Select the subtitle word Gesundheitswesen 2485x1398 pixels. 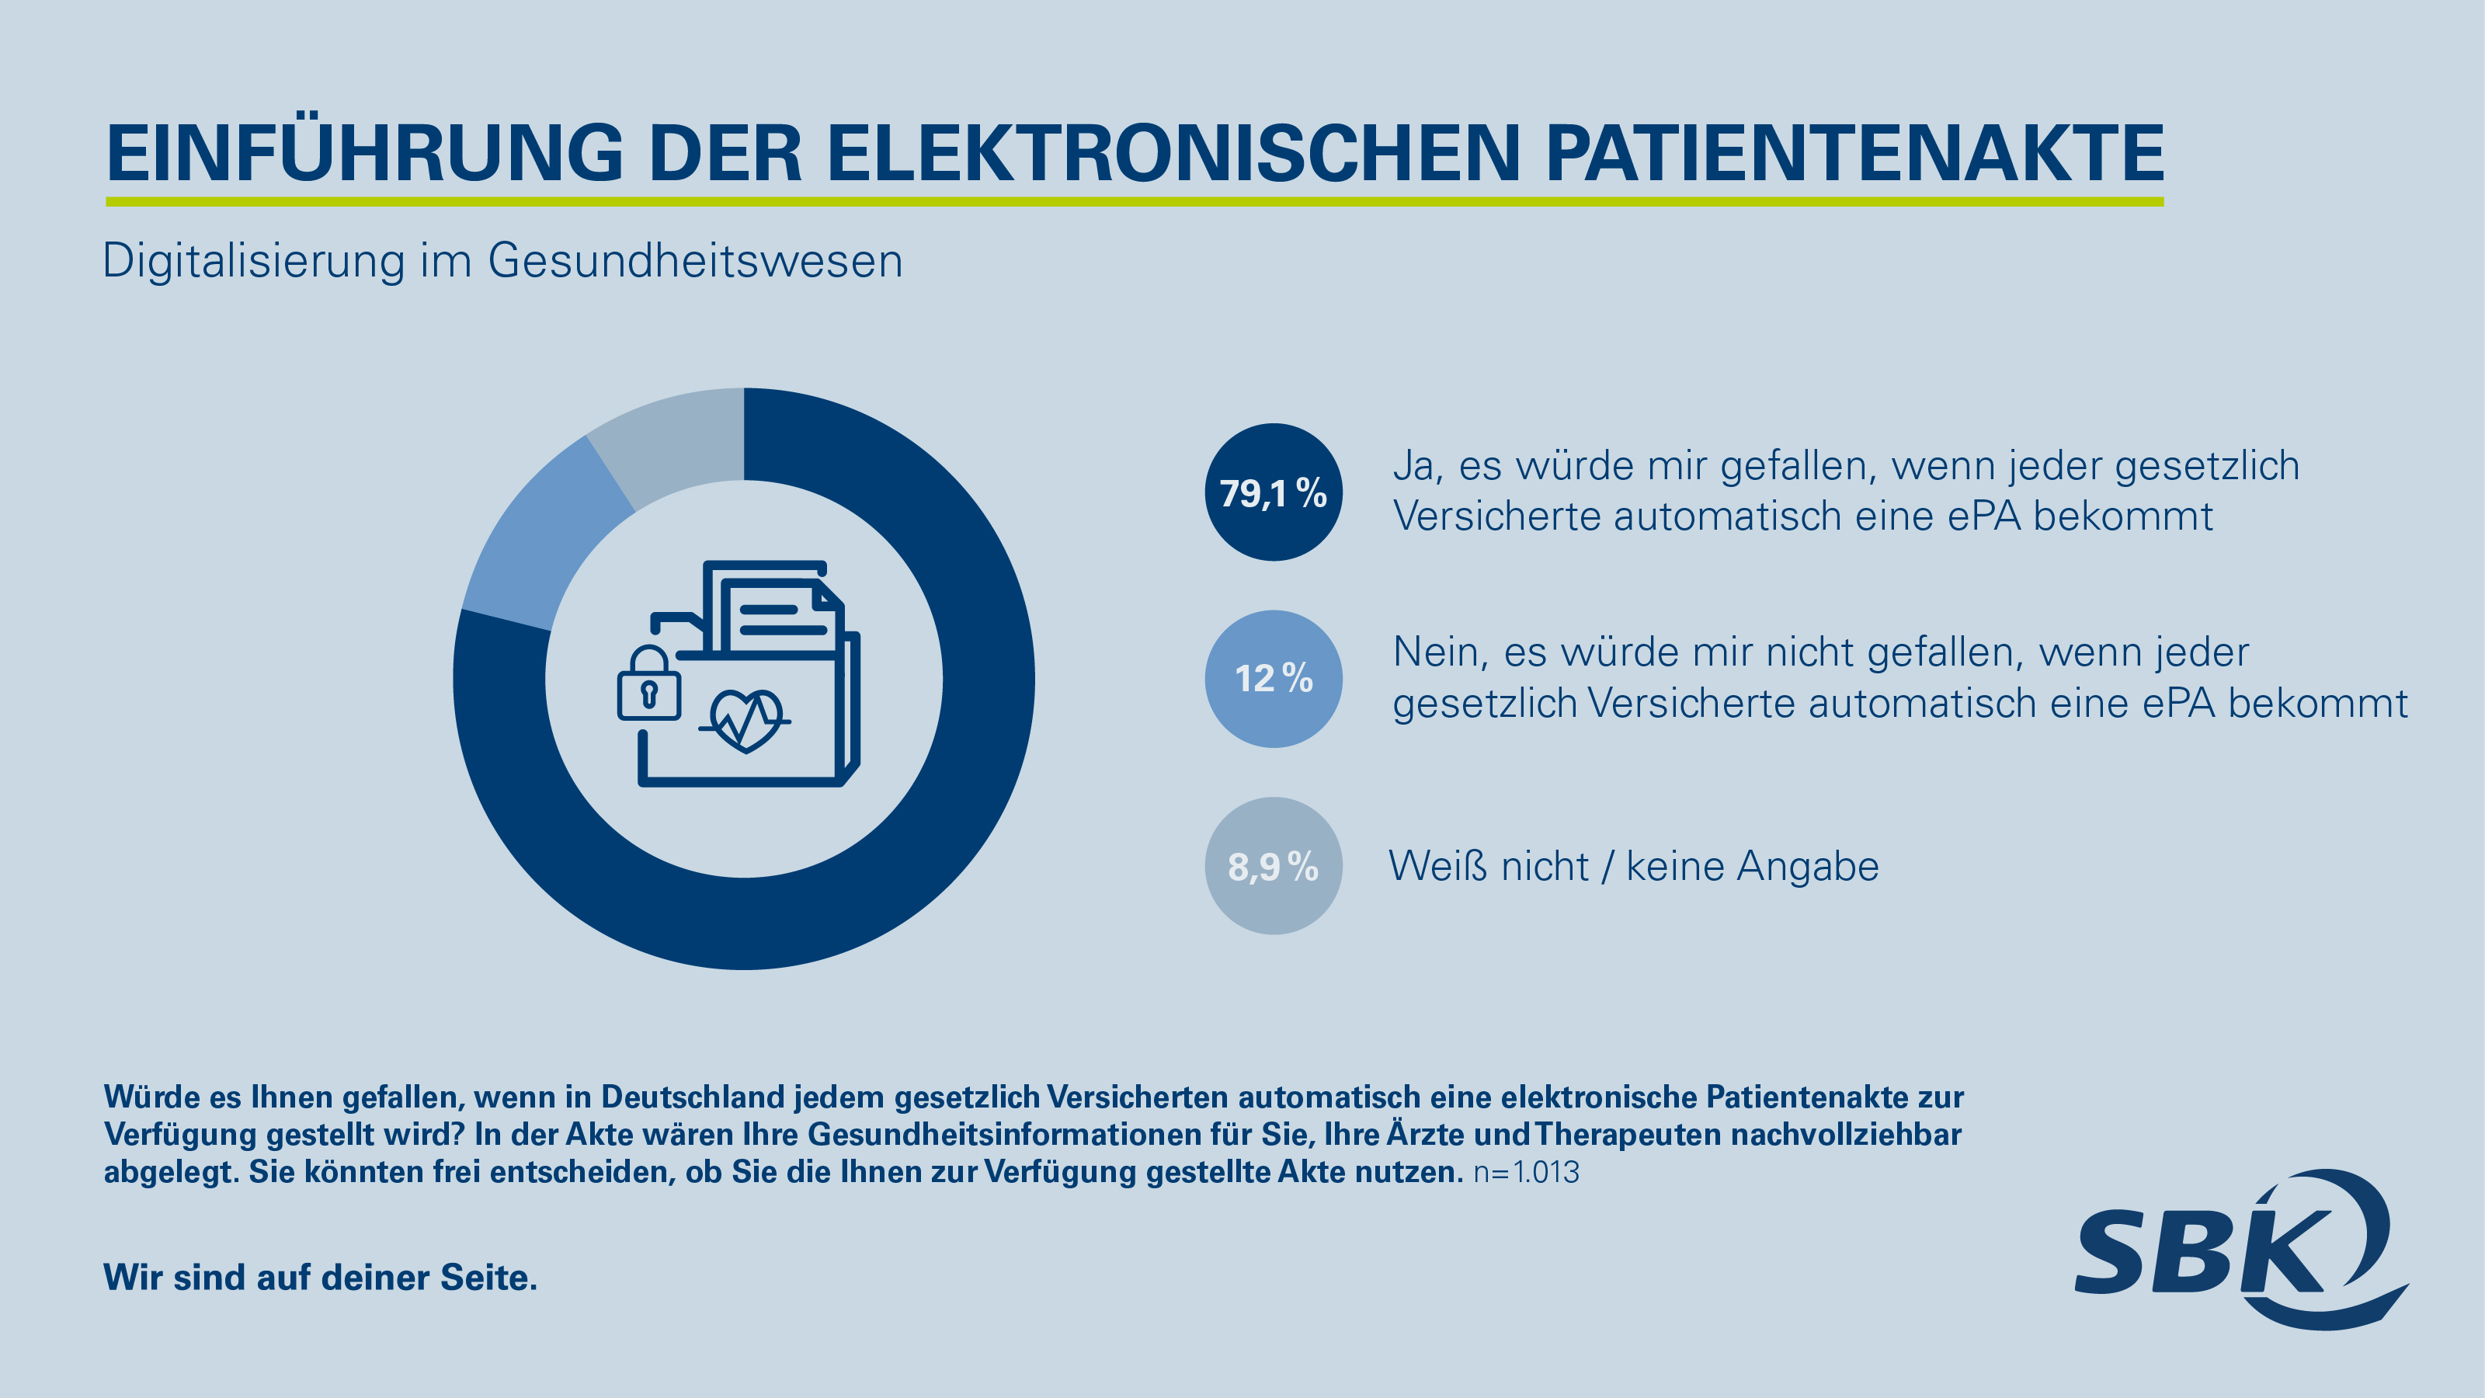[694, 262]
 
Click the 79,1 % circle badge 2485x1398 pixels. [1274, 492]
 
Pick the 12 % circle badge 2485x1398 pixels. [1274, 678]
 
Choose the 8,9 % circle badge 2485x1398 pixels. [1274, 865]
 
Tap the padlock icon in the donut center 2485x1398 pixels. [648, 684]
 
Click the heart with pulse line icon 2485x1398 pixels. [745, 718]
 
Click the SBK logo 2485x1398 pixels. [2238, 1250]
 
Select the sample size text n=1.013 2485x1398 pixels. [1526, 1172]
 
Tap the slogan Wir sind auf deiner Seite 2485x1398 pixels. [320, 1278]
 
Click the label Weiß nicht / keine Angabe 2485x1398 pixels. [1633, 867]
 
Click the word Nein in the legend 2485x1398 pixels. [1434, 653]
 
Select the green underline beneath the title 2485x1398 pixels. [1135, 202]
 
